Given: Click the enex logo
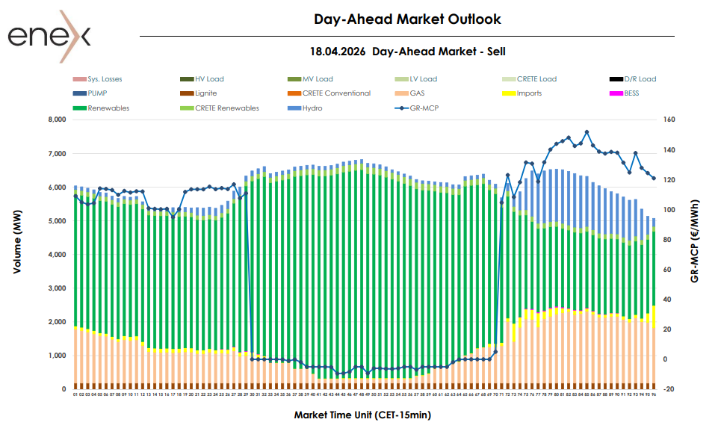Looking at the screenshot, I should pyautogui.click(x=49, y=35).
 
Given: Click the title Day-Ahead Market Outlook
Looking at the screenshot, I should pyautogui.click(x=407, y=19).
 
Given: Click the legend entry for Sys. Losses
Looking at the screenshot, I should pyautogui.click(x=105, y=79).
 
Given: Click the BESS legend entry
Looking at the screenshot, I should pyautogui.click(x=631, y=93).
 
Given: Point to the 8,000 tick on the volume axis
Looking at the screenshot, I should pyautogui.click(x=56, y=120).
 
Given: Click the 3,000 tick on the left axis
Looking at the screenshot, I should pyautogui.click(x=56, y=288).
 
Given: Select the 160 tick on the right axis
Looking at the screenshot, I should pyautogui.click(x=669, y=120).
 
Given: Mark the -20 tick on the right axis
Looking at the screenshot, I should pyautogui.click(x=669, y=389).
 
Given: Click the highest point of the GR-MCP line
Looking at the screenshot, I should pyautogui.click(x=587, y=132).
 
